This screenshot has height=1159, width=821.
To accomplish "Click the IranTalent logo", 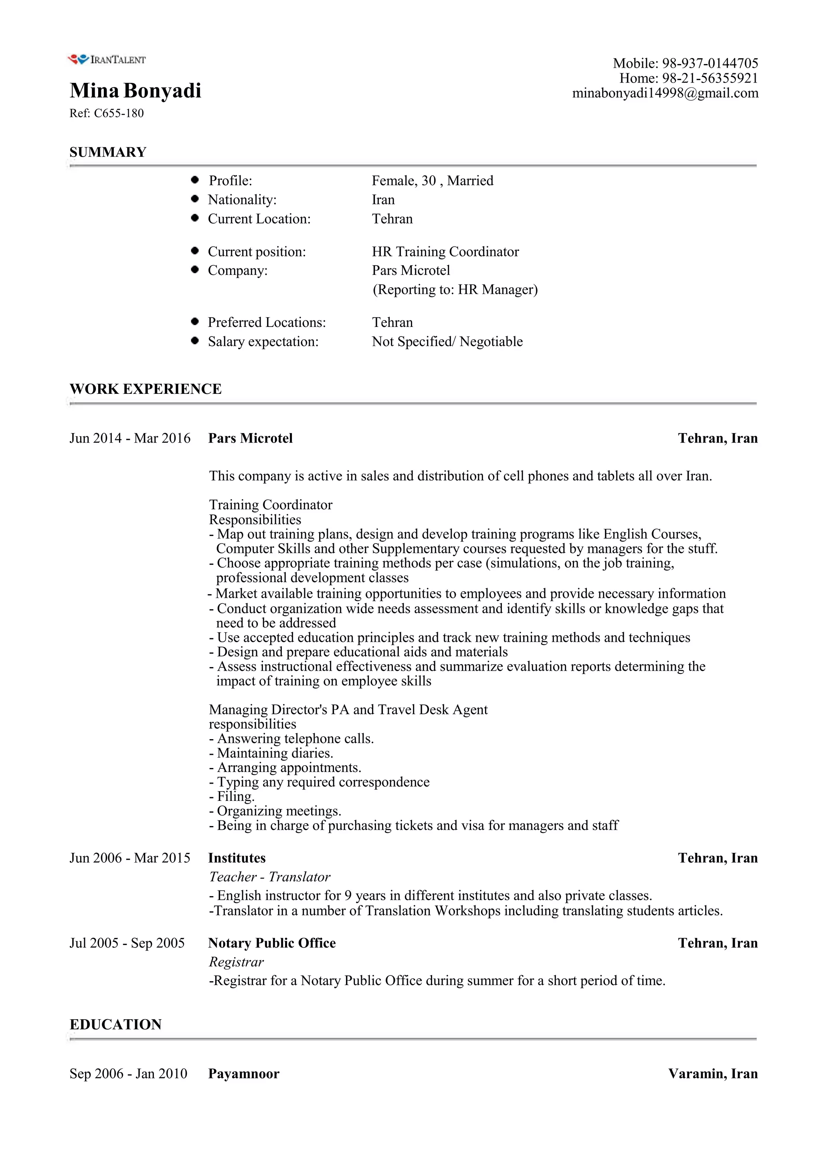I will click(x=106, y=60).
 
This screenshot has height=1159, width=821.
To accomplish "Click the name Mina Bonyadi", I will click(x=135, y=91).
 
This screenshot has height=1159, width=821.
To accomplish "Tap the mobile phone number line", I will click(x=685, y=63).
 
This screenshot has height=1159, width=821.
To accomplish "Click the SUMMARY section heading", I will click(x=108, y=152).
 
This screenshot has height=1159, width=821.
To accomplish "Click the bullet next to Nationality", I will click(x=195, y=199).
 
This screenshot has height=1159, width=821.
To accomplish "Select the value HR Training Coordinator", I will click(x=445, y=252).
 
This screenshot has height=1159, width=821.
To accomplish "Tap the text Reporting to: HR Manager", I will click(x=455, y=290).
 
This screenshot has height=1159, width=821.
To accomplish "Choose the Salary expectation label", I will click(x=263, y=342).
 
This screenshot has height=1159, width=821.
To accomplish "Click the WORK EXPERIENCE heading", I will click(x=146, y=389).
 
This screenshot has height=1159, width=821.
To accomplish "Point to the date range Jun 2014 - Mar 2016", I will click(x=130, y=438).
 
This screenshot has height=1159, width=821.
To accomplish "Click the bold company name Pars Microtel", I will click(x=250, y=438).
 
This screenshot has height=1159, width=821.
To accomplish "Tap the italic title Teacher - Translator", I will click(x=269, y=877).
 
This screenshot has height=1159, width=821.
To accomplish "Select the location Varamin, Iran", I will click(x=712, y=1074).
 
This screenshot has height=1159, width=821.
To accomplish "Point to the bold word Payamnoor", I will click(x=243, y=1074).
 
